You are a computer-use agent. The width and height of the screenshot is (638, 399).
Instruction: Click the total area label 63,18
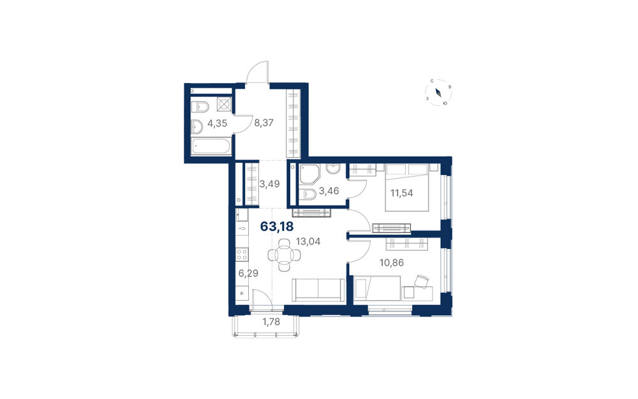[277, 227]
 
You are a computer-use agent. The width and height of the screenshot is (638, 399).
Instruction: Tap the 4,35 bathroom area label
[218, 123]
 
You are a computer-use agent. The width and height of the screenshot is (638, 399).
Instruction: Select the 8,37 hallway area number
[263, 123]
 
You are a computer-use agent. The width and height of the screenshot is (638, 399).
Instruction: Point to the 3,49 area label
[269, 184]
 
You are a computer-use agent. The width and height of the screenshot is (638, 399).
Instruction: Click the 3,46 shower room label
[329, 190]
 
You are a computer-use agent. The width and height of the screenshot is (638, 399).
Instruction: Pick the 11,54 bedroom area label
[401, 193]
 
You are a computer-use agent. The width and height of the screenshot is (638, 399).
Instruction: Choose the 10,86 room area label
[392, 263]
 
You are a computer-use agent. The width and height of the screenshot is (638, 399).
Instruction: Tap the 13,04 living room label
[308, 241]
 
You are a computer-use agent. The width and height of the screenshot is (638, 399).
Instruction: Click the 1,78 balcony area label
[271, 322]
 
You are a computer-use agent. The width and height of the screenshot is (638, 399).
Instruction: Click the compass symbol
[439, 93]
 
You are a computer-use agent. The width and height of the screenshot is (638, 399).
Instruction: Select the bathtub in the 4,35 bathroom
[211, 146]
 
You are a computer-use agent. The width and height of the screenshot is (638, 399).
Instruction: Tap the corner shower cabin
[309, 174]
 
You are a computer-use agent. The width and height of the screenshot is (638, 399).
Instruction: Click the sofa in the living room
[318, 290]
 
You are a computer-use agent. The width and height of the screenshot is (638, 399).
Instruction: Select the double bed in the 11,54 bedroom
[407, 188]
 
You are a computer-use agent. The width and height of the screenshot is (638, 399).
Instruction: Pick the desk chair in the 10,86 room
[422, 281]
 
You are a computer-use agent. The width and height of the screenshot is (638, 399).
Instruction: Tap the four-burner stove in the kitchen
[242, 255]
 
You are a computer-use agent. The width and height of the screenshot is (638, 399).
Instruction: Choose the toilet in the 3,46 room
[308, 195]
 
